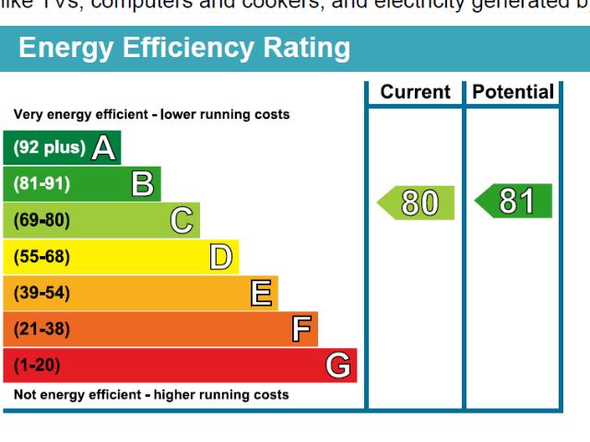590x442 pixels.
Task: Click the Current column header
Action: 415,92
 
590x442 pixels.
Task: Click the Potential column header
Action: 513,92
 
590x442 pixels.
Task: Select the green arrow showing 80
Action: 417,203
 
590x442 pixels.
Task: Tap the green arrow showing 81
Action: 513,202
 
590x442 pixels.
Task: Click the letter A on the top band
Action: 104,147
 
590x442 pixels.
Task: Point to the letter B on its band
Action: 143,184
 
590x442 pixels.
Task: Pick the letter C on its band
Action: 182,221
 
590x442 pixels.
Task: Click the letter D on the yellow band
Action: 220,257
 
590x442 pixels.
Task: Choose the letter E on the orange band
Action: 261,294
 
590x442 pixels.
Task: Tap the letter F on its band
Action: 301,330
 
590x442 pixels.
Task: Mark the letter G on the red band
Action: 338,366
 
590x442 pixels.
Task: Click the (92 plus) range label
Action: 49,147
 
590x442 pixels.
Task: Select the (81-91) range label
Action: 41,184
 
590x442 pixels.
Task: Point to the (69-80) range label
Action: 41,221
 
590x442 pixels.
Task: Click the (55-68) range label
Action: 41,257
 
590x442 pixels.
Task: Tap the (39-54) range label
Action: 41,294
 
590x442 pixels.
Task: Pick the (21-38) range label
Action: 41,330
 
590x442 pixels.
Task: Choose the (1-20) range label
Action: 37,366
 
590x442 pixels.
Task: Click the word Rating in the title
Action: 301,48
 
